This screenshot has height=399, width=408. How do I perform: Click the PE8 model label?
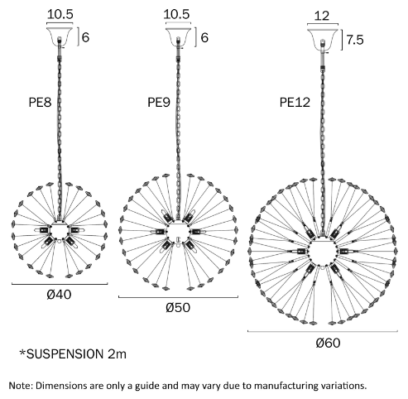40,103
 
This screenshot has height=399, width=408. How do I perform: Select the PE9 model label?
159,103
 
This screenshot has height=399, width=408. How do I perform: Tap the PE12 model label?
295,103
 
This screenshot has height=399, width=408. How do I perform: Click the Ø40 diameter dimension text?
59,295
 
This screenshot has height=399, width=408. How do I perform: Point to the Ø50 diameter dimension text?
178,308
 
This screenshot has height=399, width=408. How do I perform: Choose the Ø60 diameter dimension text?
328,343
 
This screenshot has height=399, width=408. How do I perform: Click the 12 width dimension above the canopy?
322,16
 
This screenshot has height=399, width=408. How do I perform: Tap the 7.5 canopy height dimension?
355,40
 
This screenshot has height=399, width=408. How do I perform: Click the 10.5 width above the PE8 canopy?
60,14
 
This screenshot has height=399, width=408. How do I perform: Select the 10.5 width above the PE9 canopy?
176,14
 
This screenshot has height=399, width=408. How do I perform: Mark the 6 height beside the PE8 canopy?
86,37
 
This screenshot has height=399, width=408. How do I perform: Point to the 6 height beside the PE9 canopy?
204,37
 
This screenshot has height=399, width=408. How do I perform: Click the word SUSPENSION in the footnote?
65,354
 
